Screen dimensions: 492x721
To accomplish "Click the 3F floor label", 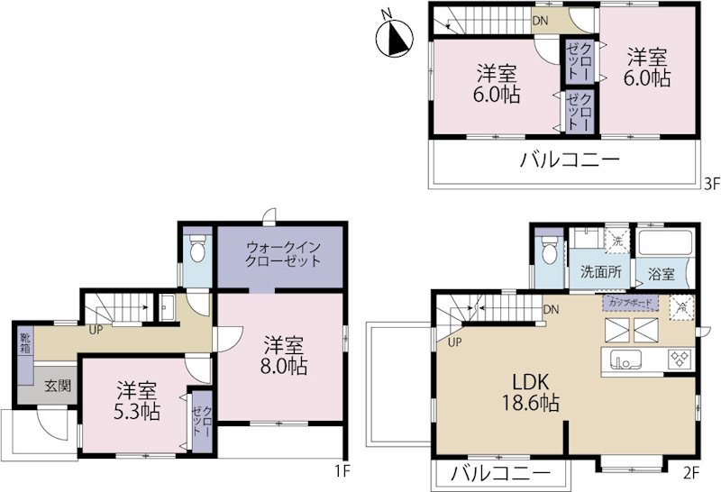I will [x=711, y=185].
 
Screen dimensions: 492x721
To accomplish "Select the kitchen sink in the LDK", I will [x=624, y=361].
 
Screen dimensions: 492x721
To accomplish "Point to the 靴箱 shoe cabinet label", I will [x=23, y=343].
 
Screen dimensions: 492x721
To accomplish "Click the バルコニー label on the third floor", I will [x=569, y=162].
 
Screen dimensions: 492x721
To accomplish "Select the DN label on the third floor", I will [x=541, y=20].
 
